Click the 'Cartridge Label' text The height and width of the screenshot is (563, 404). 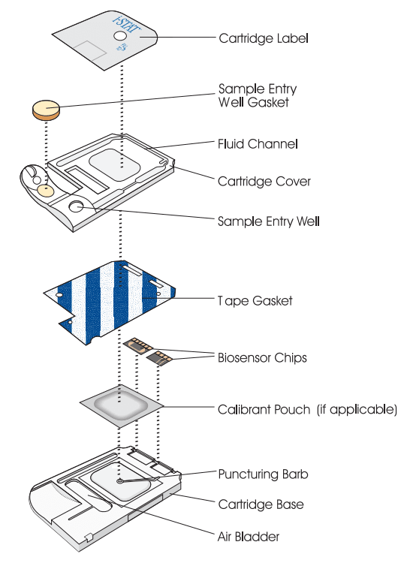[264, 38]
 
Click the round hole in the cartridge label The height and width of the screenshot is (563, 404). [120, 35]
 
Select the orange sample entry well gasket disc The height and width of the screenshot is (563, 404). [46, 110]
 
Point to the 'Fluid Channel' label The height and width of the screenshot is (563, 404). [258, 144]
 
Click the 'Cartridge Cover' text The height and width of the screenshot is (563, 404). [264, 182]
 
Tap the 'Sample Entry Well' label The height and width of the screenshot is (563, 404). [269, 221]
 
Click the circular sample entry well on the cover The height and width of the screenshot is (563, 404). [76, 206]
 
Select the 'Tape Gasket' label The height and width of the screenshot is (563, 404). [255, 300]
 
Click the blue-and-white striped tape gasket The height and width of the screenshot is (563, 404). [110, 302]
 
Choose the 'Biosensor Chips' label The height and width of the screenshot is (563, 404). [262, 357]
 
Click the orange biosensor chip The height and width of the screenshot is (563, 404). [138, 344]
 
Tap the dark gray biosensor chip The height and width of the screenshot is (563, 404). [159, 357]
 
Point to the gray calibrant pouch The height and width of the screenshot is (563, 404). [122, 405]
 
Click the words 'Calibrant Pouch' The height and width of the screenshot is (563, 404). [264, 409]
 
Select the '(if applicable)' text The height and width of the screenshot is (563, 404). [357, 409]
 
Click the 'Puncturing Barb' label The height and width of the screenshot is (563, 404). [263, 474]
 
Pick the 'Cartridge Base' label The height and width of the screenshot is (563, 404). [261, 504]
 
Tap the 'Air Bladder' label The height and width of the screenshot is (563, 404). [249, 537]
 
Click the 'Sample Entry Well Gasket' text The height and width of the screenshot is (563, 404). [257, 95]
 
